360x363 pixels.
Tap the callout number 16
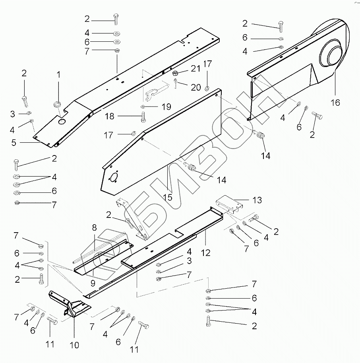(335, 103)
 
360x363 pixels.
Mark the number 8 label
(94, 228)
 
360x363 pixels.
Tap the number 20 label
(196, 87)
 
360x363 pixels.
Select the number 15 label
(169, 197)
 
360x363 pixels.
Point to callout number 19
(166, 106)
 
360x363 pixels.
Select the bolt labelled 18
(143, 117)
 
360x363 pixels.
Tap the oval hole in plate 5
(62, 121)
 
